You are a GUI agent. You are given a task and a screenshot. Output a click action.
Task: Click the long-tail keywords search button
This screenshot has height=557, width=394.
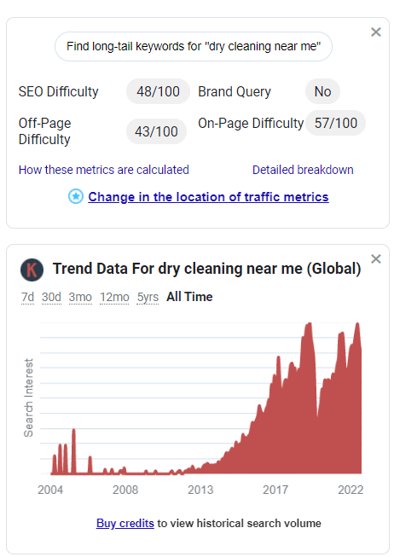[194, 47]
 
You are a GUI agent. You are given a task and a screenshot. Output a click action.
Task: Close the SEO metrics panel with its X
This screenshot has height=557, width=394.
[376, 32]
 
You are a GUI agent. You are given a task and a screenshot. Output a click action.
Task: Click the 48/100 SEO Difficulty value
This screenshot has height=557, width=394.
[158, 91]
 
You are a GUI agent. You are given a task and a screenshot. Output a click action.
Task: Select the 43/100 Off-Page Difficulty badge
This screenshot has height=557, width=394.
[158, 131]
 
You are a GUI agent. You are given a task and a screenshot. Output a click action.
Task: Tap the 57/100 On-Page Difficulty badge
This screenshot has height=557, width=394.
[335, 123]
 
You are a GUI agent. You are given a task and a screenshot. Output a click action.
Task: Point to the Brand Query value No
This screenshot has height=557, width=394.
[322, 91]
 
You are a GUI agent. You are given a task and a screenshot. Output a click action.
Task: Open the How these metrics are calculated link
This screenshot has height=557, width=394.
[104, 170]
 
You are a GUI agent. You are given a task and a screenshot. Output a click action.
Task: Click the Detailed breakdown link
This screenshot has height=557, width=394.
[303, 170]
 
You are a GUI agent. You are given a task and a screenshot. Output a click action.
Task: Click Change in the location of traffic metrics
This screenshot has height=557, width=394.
[208, 196]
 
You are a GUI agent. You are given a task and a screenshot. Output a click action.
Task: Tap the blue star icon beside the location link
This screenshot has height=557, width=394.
[76, 196]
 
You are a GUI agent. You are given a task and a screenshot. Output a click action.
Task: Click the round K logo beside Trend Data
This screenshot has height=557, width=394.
[32, 270]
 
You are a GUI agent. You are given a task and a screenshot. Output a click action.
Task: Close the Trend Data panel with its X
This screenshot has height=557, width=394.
[376, 259]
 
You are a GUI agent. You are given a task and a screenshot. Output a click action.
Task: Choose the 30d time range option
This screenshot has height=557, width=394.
[51, 297]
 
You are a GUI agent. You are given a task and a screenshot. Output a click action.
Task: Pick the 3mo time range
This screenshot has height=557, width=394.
[80, 297]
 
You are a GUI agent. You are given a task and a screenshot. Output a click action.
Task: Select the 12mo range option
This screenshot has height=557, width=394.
[114, 297]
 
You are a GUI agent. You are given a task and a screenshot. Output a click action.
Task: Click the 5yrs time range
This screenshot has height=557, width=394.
[148, 297]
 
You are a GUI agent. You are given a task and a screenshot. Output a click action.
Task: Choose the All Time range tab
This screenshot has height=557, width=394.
[189, 297]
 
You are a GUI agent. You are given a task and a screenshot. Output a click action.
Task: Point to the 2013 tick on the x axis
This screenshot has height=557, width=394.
[200, 490]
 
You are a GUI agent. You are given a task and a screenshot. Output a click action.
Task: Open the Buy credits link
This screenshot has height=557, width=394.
[125, 523]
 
